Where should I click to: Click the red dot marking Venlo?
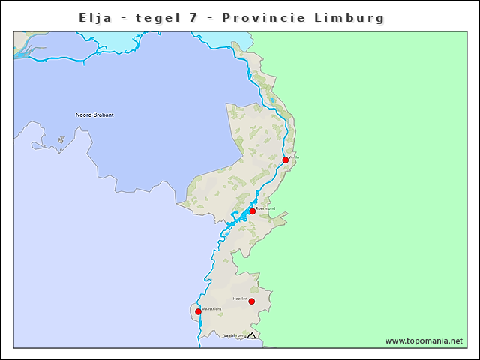point(286,160)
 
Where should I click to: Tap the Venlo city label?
point(294,157)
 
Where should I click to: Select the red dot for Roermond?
point(253,211)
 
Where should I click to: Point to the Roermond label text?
point(265,208)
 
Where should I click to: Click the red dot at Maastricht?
point(198,311)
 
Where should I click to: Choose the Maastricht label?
point(211,308)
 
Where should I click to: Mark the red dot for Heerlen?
point(252,301)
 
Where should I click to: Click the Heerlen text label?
point(241,298)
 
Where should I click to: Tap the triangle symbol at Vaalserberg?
point(252,335)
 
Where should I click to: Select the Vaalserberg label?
point(235,335)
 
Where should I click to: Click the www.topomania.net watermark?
point(424,340)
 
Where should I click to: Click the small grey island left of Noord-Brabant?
point(60,139)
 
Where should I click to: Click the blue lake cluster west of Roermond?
point(236,218)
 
